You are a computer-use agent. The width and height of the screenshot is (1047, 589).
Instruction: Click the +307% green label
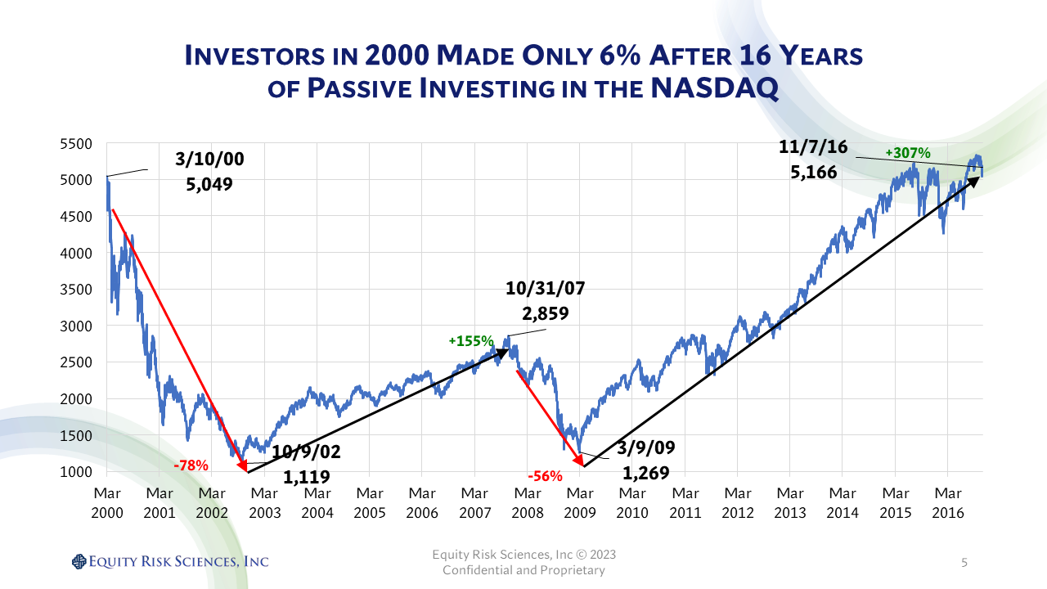908,152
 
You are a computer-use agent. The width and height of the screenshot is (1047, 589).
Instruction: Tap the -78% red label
191,465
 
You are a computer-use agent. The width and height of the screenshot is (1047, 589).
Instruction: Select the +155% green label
470,340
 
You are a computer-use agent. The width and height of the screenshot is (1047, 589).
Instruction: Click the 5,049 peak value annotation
209,184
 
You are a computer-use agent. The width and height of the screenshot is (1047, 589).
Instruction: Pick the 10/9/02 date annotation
308,452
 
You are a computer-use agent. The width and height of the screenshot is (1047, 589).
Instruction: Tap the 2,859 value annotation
546,313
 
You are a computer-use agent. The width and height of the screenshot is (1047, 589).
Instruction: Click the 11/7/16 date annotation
813,148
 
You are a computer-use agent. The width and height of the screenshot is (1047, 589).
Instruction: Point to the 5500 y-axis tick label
75,144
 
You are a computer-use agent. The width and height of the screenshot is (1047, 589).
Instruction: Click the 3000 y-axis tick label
75,326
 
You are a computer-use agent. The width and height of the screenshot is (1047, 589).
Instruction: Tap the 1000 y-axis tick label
75,471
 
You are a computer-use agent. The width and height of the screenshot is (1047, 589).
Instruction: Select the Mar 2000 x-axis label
106,503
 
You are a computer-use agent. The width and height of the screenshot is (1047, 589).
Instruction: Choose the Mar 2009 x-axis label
580,503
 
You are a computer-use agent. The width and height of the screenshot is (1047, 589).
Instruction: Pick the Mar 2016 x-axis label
948,503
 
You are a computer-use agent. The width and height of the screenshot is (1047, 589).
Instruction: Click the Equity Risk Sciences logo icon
79,561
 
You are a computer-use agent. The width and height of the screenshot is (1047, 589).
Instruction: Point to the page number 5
964,563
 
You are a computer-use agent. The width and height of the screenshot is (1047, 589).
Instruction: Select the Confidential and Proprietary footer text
523,570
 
